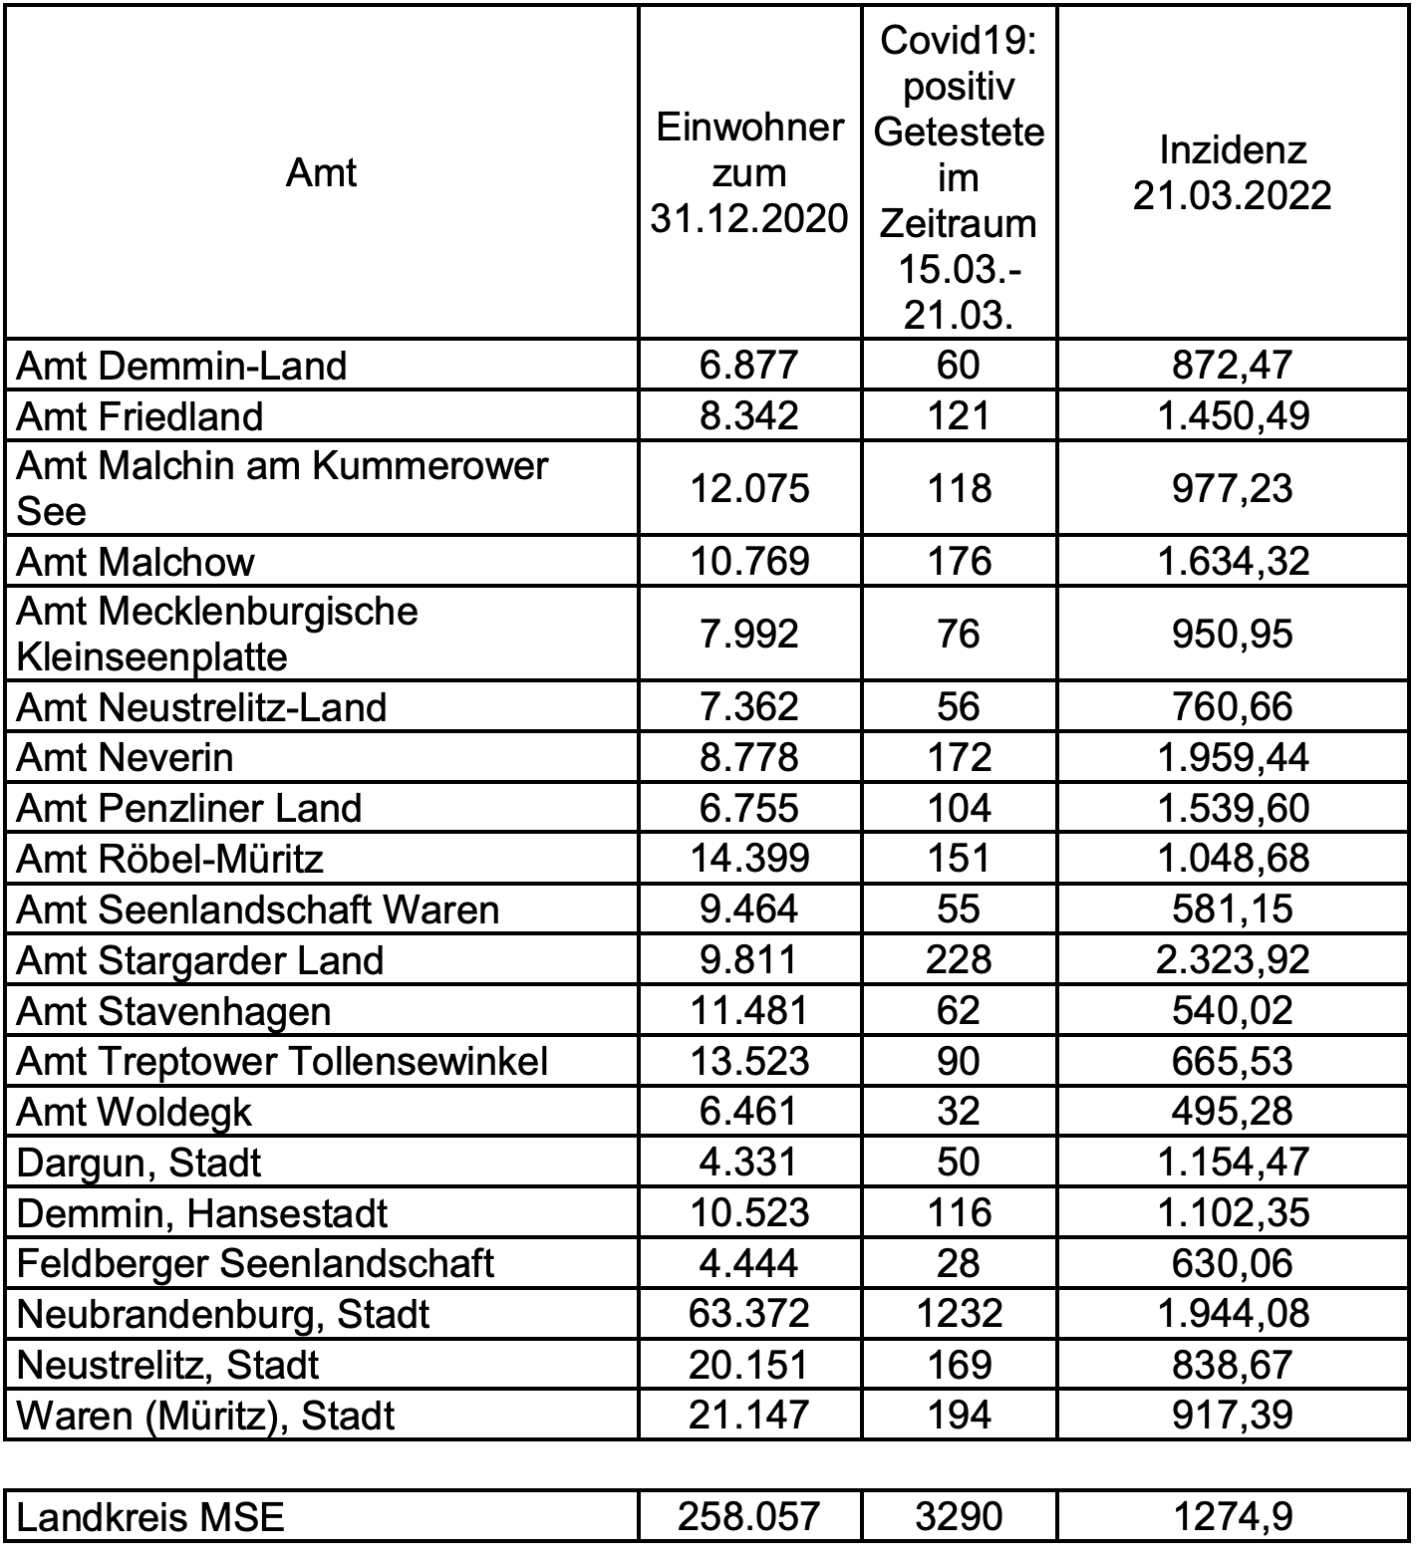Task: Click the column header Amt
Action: pyautogui.click(x=321, y=173)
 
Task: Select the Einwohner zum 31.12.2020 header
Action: pyautogui.click(x=749, y=173)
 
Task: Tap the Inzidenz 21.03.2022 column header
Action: pyautogui.click(x=1232, y=173)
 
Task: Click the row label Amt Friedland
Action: pyautogui.click(x=141, y=416)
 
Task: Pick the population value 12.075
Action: pyautogui.click(x=749, y=488)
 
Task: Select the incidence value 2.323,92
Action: pyautogui.click(x=1232, y=960)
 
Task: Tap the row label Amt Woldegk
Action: pyautogui.click(x=135, y=1113)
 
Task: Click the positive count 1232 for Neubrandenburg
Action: pyautogui.click(x=959, y=1314)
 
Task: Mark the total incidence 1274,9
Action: pyautogui.click(x=1232, y=1517)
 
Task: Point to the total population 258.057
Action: pyautogui.click(x=749, y=1517)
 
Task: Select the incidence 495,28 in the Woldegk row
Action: pyautogui.click(x=1232, y=1112)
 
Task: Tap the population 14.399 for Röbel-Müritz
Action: pyautogui.click(x=749, y=859)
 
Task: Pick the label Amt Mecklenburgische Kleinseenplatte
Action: pyautogui.click(x=217, y=634)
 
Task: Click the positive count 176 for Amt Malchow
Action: pyautogui.click(x=959, y=561)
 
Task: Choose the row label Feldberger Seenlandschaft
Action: pyautogui.click(x=256, y=1264)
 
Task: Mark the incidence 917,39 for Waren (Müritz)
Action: pyautogui.click(x=1232, y=1416)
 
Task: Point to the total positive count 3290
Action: pyautogui.click(x=959, y=1517)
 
